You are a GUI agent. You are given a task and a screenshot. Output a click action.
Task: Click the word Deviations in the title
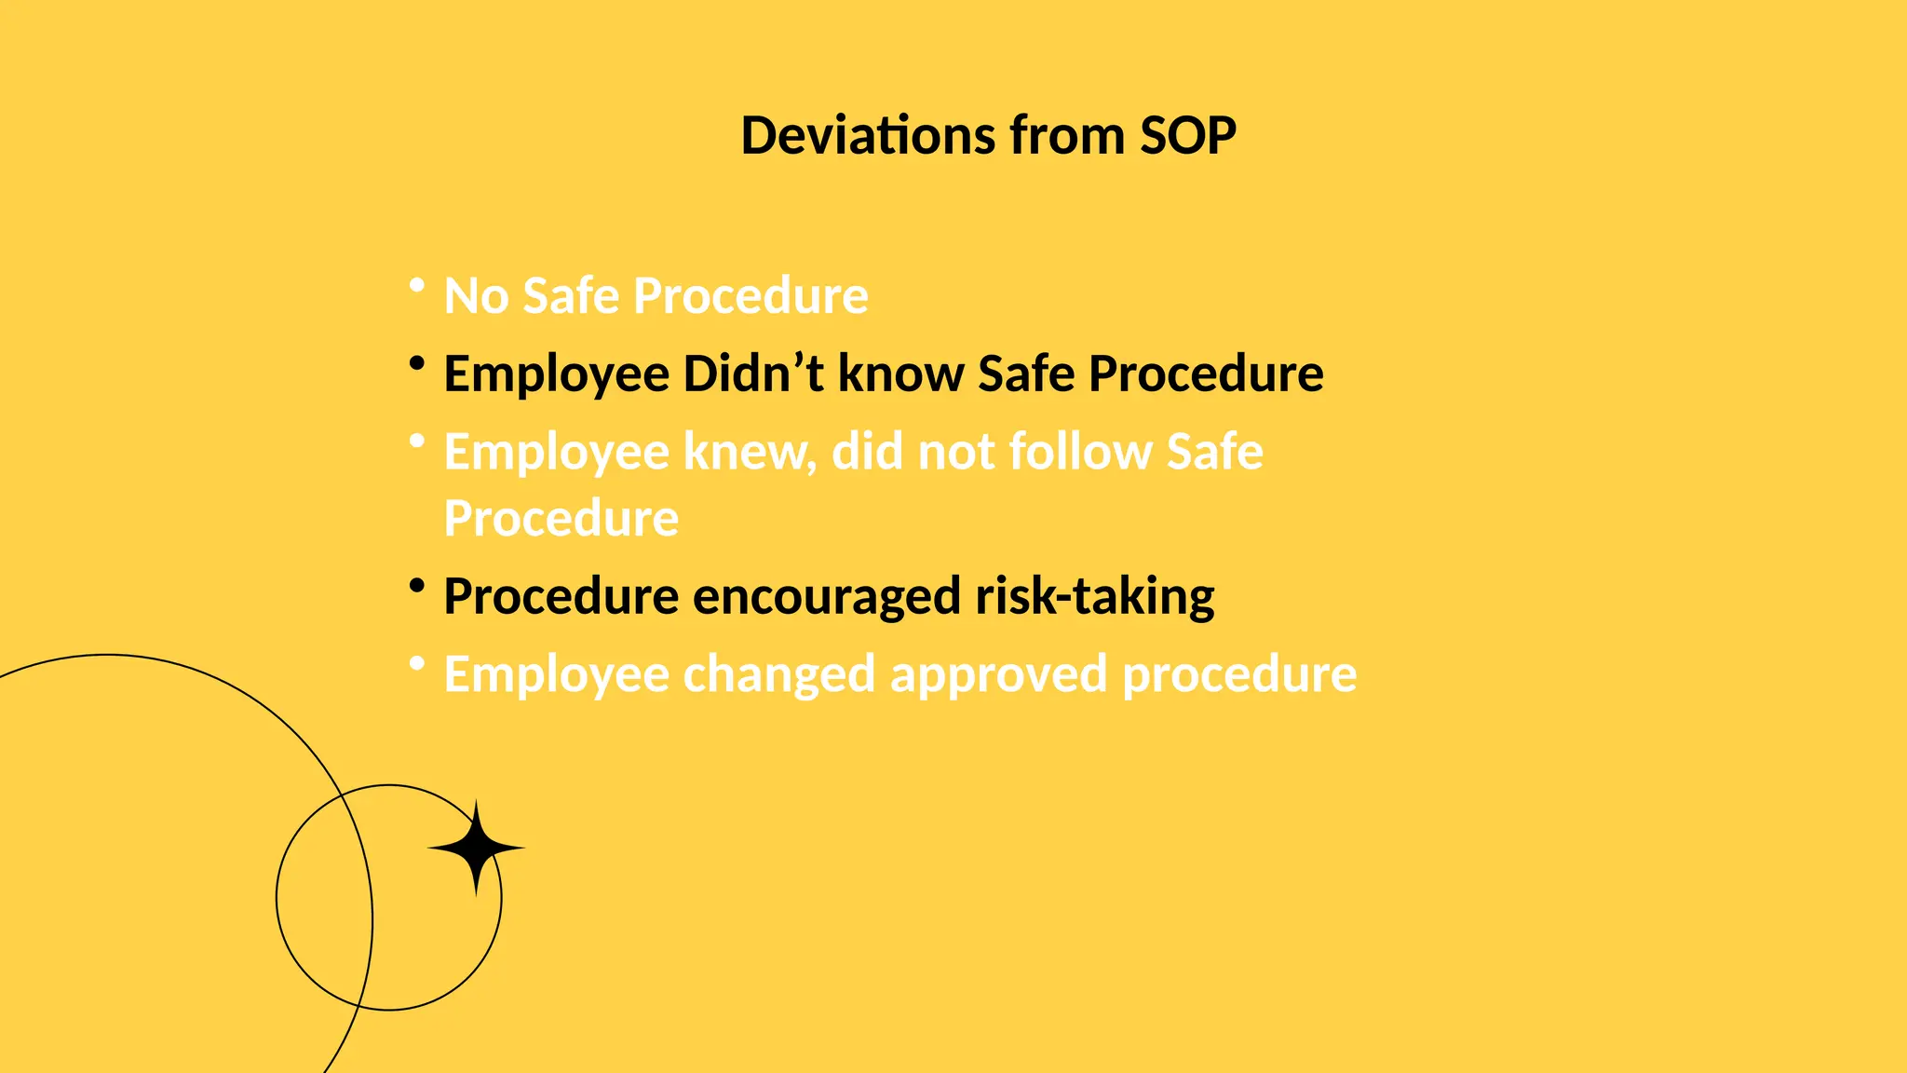868,136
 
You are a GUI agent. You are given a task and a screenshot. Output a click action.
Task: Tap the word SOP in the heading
1188,136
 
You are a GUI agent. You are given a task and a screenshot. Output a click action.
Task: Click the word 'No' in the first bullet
476,296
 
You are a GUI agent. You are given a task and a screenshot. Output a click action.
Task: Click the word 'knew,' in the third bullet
750,453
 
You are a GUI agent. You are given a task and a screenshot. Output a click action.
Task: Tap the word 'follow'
1080,453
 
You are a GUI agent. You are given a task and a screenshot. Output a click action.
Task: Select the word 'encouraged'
827,597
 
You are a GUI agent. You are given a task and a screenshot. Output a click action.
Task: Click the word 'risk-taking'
1095,597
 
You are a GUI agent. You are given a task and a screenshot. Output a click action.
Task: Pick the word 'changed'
779,674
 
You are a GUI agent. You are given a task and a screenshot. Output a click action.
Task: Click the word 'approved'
999,674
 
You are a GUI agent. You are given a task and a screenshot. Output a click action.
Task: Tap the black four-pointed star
477,848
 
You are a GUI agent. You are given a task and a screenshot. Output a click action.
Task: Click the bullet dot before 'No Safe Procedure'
417,284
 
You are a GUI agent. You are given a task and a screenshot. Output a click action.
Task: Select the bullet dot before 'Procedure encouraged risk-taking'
417,585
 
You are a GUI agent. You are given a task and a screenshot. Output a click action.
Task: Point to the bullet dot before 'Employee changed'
417,663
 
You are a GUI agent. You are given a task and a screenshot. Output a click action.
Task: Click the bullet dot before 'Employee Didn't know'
417,362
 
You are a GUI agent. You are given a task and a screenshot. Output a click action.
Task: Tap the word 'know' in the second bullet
900,374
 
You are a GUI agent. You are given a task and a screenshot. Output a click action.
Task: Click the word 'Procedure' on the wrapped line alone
561,519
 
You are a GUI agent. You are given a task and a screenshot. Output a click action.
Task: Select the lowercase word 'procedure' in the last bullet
1239,674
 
